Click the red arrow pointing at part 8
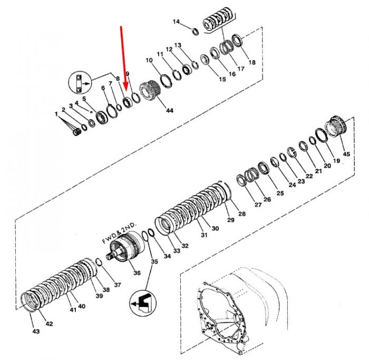(x=123, y=59)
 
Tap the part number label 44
(x=169, y=110)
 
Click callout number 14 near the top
(x=176, y=22)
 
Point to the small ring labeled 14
(x=196, y=32)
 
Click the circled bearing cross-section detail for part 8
(x=80, y=83)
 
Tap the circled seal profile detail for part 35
(x=143, y=303)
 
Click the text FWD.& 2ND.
(x=119, y=233)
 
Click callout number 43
(x=36, y=332)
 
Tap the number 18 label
(x=252, y=62)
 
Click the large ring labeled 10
(x=166, y=81)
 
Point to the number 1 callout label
(x=56, y=114)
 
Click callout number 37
(x=118, y=285)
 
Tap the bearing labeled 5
(x=102, y=118)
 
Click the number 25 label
(x=280, y=193)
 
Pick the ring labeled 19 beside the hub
(x=322, y=135)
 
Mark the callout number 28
(x=242, y=213)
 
